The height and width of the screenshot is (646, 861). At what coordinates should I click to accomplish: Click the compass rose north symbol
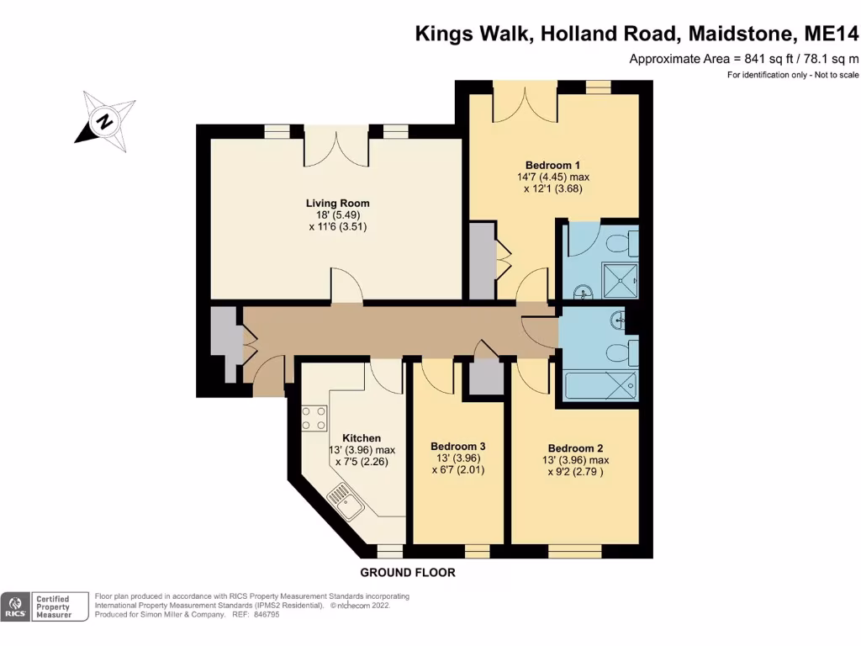[105, 122]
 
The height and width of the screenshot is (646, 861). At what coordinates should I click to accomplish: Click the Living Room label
[337, 203]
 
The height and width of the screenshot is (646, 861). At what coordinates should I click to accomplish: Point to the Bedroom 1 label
[552, 165]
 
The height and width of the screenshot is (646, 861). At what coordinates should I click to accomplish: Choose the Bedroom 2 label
[575, 448]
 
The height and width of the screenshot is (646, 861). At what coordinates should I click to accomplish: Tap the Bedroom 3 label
[457, 447]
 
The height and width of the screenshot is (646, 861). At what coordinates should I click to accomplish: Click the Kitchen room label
[362, 438]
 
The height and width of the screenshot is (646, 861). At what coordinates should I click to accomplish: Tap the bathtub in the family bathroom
[600, 386]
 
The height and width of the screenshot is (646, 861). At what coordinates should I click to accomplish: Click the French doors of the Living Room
[336, 150]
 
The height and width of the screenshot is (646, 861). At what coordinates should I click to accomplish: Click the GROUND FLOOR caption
[408, 573]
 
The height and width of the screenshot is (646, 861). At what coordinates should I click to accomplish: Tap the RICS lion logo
[15, 606]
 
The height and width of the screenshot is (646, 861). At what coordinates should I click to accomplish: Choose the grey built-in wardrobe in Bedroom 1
[483, 260]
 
